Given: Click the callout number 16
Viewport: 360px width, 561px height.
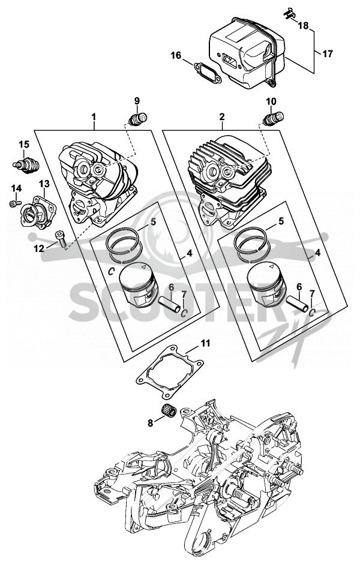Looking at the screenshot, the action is click(x=176, y=55).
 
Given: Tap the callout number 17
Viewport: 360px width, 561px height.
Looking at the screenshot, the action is click(x=327, y=54).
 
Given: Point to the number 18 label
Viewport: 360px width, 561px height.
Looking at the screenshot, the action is click(x=303, y=26).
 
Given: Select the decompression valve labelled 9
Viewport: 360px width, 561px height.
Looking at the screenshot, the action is click(x=138, y=119).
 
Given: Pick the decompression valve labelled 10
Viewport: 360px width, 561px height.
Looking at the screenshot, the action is click(x=274, y=118).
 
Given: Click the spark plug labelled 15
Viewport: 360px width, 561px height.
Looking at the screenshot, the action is click(x=26, y=166).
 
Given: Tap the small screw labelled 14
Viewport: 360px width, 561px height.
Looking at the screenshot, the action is click(x=13, y=203).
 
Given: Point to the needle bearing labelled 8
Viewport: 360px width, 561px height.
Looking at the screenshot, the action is click(x=168, y=410).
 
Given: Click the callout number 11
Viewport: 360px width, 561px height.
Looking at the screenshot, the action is click(x=205, y=343).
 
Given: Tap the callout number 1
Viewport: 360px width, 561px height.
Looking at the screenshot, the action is click(x=94, y=116).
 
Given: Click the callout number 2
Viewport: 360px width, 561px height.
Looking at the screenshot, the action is click(x=222, y=116).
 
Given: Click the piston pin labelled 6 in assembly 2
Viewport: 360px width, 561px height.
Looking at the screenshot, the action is click(x=298, y=302).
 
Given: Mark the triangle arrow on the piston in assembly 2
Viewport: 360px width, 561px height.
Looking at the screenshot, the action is click(x=271, y=266).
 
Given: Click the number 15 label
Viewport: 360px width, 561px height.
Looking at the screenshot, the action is click(x=24, y=145).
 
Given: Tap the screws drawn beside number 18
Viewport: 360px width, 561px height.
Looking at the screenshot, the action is click(x=290, y=13).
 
